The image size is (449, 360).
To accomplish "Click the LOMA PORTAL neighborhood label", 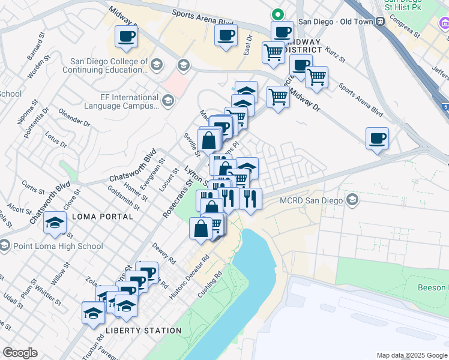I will (x=95, y=216).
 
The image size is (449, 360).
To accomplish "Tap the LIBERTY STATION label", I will (x=143, y=331).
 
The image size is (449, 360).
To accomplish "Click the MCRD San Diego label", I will (x=311, y=200).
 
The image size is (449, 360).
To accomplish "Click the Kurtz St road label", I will (x=334, y=54).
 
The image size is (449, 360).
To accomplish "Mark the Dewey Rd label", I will (x=163, y=253).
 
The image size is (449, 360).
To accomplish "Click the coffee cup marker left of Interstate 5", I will (x=377, y=139).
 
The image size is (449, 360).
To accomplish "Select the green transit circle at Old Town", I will (x=277, y=13).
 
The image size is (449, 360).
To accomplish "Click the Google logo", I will (x=20, y=353).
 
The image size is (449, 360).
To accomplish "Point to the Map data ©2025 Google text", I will (x=411, y=355).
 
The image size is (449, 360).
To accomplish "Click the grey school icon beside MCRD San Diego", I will (x=352, y=200).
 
